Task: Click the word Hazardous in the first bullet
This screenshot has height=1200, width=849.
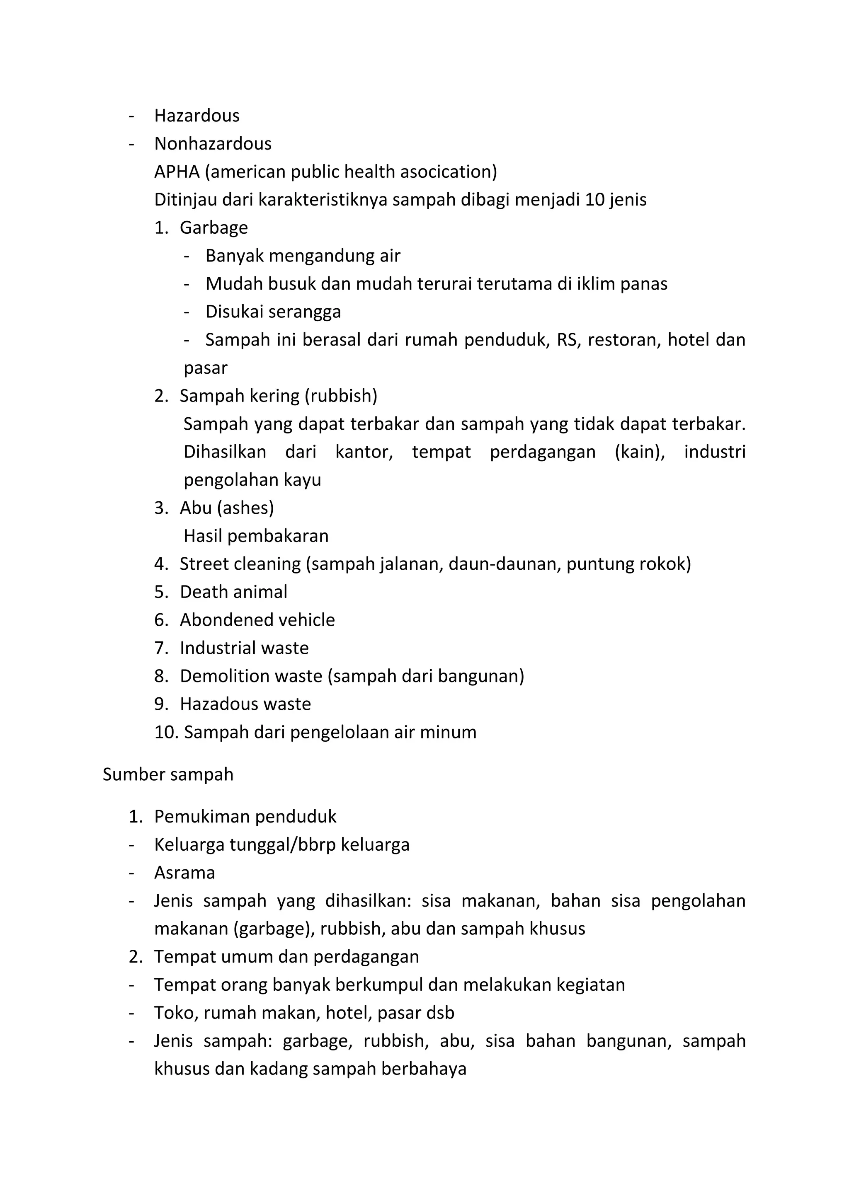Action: tap(196, 116)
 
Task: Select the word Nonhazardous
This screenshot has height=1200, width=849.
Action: tap(213, 144)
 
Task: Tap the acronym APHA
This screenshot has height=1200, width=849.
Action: tap(177, 172)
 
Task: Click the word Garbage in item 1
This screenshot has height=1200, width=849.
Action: tap(214, 227)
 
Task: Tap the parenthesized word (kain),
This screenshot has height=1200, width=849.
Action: tap(639, 452)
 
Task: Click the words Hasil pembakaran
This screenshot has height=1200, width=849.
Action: tap(256, 536)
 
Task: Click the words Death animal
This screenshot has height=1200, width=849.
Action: tap(233, 592)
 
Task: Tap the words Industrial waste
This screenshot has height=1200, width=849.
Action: tap(244, 648)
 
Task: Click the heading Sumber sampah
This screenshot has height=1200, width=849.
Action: tap(168, 774)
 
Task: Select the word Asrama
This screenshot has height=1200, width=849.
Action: tap(184, 872)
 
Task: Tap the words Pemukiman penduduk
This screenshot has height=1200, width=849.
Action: tap(245, 816)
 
